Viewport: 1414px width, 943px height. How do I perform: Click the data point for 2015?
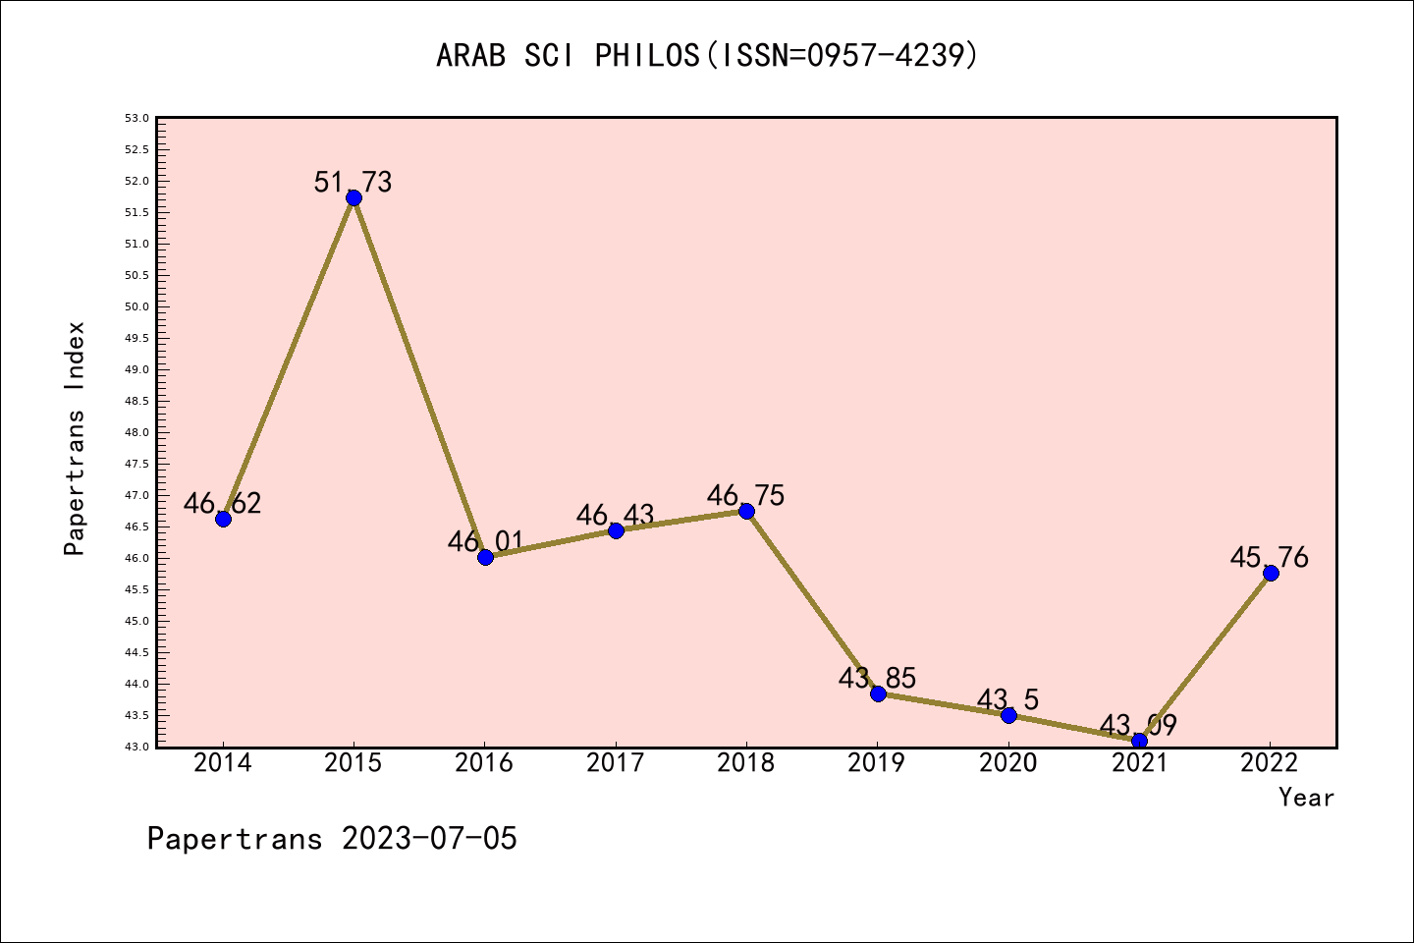point(353,197)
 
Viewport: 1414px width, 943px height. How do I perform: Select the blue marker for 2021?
point(1139,741)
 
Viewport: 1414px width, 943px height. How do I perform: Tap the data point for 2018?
point(746,511)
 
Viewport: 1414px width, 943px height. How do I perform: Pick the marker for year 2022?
point(1271,573)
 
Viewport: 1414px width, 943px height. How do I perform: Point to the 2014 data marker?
point(223,519)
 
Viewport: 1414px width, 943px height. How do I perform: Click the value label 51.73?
point(353,182)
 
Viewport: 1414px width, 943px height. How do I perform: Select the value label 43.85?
point(877,678)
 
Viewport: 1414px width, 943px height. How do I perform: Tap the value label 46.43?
point(615,515)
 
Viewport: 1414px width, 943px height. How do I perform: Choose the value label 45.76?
point(1269,558)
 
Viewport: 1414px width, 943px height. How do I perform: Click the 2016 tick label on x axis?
point(484,763)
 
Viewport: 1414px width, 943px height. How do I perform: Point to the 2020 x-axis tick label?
point(1007,763)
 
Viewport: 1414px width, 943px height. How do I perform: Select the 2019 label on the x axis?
point(877,763)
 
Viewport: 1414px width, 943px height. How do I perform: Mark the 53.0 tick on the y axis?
point(136,118)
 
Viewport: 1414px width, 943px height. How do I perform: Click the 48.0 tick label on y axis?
point(136,432)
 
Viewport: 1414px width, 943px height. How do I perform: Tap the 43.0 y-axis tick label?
point(136,747)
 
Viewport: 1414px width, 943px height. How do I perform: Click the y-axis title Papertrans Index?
point(75,438)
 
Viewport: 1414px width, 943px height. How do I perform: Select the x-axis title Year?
point(1306,798)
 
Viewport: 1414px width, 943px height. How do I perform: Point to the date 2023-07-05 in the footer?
point(429,839)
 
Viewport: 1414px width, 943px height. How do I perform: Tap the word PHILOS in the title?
point(647,55)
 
